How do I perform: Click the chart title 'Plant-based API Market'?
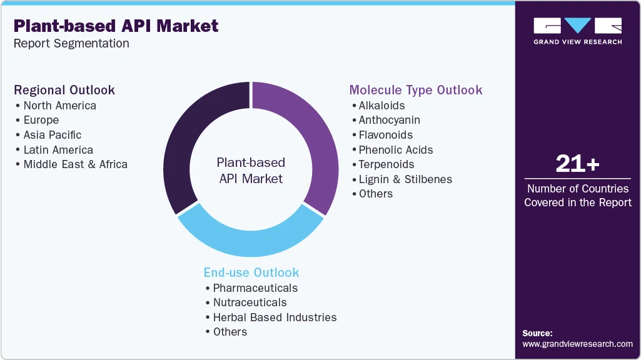point(116,26)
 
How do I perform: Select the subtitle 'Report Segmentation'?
point(71,44)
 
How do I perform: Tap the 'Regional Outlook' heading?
point(64,90)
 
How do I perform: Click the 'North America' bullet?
point(59,106)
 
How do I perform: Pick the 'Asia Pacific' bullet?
point(52,135)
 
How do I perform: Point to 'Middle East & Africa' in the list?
point(75,164)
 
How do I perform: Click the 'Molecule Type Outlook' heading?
point(416,90)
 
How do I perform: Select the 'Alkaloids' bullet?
point(381,106)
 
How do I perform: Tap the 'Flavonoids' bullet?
point(385,135)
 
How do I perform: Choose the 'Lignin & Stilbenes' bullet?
point(405,179)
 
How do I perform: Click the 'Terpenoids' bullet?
point(386,164)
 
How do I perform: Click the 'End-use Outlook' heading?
point(251,272)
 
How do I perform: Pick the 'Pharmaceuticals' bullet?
point(255,288)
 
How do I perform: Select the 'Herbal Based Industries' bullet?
point(275,317)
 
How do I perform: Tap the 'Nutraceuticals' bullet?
point(250,302)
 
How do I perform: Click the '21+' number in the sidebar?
point(577,164)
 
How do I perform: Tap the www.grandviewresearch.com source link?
point(577,344)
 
